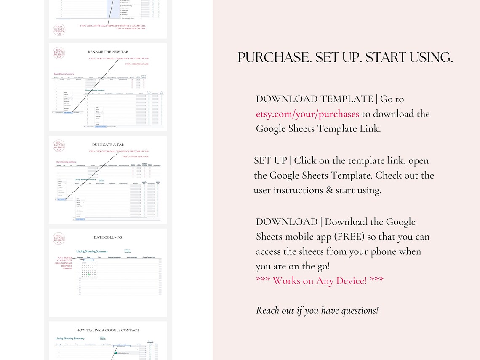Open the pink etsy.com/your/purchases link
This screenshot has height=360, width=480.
pos(307,114)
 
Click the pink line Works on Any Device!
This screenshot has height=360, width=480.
pos(320,280)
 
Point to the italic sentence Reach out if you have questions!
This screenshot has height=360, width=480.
pos(317,311)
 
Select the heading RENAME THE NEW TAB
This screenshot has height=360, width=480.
pos(108,52)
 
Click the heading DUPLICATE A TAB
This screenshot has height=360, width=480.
pos(108,144)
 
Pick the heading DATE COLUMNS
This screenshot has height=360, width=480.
pos(108,237)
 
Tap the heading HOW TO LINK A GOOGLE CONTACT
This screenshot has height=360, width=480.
pos(108,330)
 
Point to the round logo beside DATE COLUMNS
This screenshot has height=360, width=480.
pos(59,239)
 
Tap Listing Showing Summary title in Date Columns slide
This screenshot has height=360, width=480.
pos(92,251)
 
